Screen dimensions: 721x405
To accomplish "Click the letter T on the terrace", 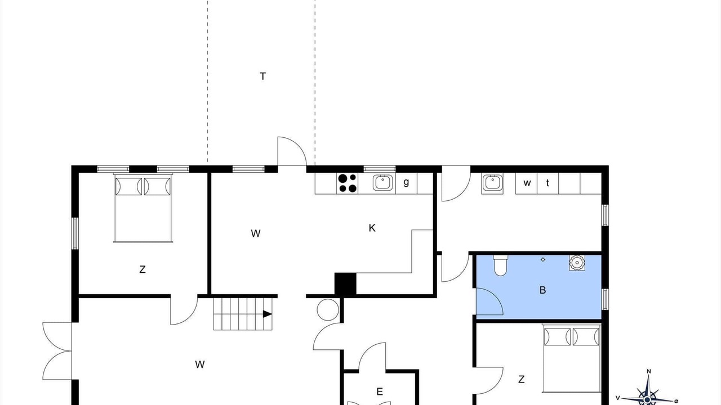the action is [262, 76].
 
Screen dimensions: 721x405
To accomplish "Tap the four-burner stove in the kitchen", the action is [348, 183].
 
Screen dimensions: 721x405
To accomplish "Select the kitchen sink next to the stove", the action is [383, 183].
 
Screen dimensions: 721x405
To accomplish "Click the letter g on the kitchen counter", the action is [406, 182].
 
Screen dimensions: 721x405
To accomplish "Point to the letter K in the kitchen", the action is [372, 228].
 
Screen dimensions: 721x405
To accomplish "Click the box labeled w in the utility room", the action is [527, 183].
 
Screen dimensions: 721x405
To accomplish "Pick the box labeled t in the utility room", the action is [548, 183].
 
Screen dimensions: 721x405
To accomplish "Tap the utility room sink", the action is [492, 183].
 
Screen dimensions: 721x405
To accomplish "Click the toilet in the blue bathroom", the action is [500, 265].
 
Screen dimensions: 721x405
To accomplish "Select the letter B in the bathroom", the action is [542, 290].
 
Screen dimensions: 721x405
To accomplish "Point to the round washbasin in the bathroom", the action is [577, 263].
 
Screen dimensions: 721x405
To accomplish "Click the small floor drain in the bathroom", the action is [543, 259].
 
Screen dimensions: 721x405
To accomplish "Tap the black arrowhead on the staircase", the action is [268, 314].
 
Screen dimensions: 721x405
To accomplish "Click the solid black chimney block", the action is [345, 283].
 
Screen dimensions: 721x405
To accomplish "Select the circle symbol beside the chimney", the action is [328, 310].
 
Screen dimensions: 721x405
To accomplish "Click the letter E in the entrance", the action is [380, 392].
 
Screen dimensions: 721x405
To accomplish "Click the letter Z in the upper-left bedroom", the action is [143, 269].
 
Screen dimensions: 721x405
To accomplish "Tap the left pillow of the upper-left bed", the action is [128, 186].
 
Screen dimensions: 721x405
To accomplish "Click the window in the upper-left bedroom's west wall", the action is [75, 233].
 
